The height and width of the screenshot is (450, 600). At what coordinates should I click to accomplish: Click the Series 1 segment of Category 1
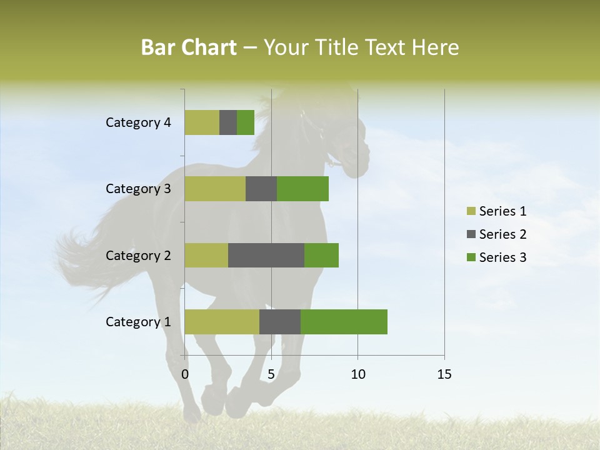(x=222, y=322)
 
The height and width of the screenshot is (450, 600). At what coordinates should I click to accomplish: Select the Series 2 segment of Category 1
(x=280, y=322)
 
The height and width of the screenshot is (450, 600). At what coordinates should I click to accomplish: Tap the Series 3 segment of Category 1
(x=344, y=322)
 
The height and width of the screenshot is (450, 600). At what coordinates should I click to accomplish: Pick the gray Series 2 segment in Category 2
(x=266, y=255)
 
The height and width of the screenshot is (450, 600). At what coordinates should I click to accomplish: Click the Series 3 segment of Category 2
(x=321, y=255)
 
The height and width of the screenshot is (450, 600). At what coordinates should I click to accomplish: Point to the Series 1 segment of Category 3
(x=215, y=189)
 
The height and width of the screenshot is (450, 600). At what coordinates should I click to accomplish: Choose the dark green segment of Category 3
(x=302, y=189)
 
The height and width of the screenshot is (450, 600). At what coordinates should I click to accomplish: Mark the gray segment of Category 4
(x=228, y=122)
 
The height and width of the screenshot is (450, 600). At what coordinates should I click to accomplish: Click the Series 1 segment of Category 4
(x=202, y=122)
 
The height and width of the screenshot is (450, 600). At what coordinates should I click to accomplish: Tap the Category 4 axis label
(x=138, y=122)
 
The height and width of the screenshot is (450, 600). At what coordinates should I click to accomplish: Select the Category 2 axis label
(x=138, y=255)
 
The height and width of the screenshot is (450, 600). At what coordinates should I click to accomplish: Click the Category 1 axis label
(x=138, y=322)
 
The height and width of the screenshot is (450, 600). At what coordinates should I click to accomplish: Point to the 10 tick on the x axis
(x=357, y=374)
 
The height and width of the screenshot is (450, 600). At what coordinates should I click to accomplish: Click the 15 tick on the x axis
(x=444, y=374)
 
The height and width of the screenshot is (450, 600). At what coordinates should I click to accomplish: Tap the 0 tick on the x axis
(x=185, y=374)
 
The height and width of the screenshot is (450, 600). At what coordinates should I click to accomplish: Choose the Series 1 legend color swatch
(x=471, y=211)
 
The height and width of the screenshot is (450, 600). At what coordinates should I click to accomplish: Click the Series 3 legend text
(x=502, y=257)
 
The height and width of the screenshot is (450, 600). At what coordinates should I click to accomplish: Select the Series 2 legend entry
(x=497, y=234)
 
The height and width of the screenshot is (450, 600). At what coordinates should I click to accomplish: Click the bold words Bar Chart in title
(x=189, y=47)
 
